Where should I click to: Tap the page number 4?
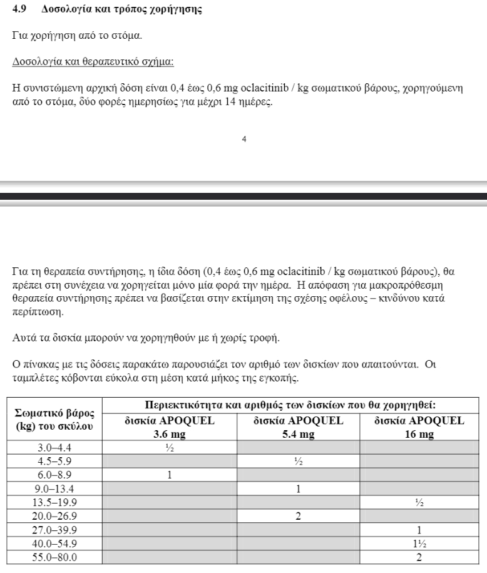coord(244,140)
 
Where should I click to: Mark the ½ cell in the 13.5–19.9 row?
coord(419,503)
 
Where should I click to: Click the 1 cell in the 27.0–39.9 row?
coord(419,530)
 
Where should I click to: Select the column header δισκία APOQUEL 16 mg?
coord(419,427)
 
